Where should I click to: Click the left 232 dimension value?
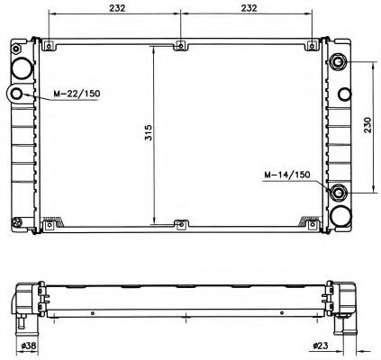pyautogui.click(x=117, y=8)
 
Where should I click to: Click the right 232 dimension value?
pyautogui.click(x=249, y=8)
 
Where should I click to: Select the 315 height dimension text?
pyautogui.click(x=149, y=132)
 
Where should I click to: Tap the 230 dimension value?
pyautogui.click(x=367, y=125)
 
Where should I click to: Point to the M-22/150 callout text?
pyautogui.click(x=77, y=94)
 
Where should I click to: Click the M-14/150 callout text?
pyautogui.click(x=287, y=175)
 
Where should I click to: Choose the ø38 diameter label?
pyautogui.click(x=29, y=346)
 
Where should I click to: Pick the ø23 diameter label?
pyautogui.click(x=321, y=346)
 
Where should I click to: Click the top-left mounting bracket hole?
pyautogui.click(x=49, y=46)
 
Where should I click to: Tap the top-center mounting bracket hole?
pyautogui.click(x=180, y=46)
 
